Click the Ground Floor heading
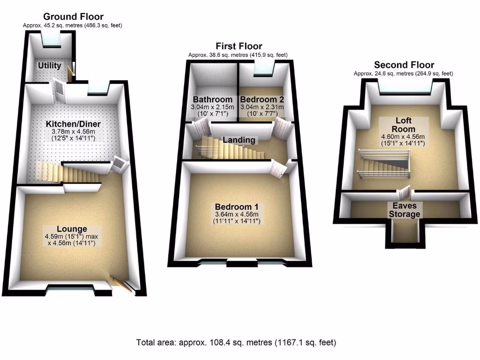(x=73, y=16)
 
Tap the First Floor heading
(x=239, y=46)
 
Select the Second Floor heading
(x=404, y=65)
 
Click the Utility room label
(x=49, y=65)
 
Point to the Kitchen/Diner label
(x=73, y=124)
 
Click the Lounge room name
(x=72, y=229)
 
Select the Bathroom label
(x=212, y=99)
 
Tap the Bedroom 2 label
(x=262, y=99)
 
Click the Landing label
(x=239, y=140)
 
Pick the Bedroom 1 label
(x=237, y=207)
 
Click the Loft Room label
(x=404, y=125)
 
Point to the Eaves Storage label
(x=405, y=210)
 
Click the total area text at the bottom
(x=236, y=342)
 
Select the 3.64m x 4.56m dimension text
(x=237, y=214)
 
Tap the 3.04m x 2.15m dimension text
(x=212, y=107)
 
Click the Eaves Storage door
(x=405, y=193)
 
